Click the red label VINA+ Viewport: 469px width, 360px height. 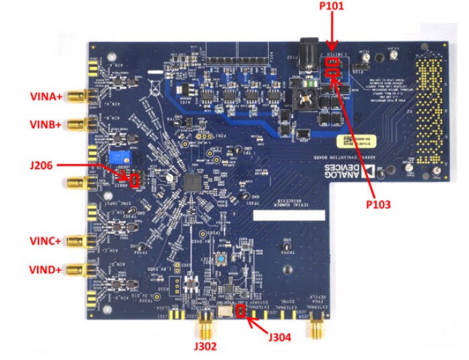coord(46,96)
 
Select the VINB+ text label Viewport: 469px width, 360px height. coord(46,124)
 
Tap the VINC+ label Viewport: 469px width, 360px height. coord(46,241)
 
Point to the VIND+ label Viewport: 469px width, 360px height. coord(46,270)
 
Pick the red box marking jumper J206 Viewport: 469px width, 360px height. coord(134,181)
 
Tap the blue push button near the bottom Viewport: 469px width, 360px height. coord(220,260)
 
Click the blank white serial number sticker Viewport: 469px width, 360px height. coord(288,217)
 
